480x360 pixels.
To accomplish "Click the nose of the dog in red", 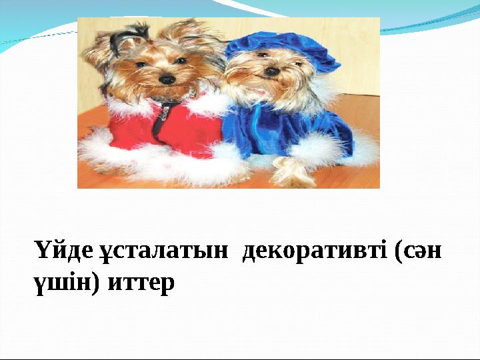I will coord(167,79).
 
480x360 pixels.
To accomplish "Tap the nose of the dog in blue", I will coord(272,71).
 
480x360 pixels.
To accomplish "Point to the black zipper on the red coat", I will coord(159,120).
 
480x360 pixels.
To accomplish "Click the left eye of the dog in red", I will coord(141,65).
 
